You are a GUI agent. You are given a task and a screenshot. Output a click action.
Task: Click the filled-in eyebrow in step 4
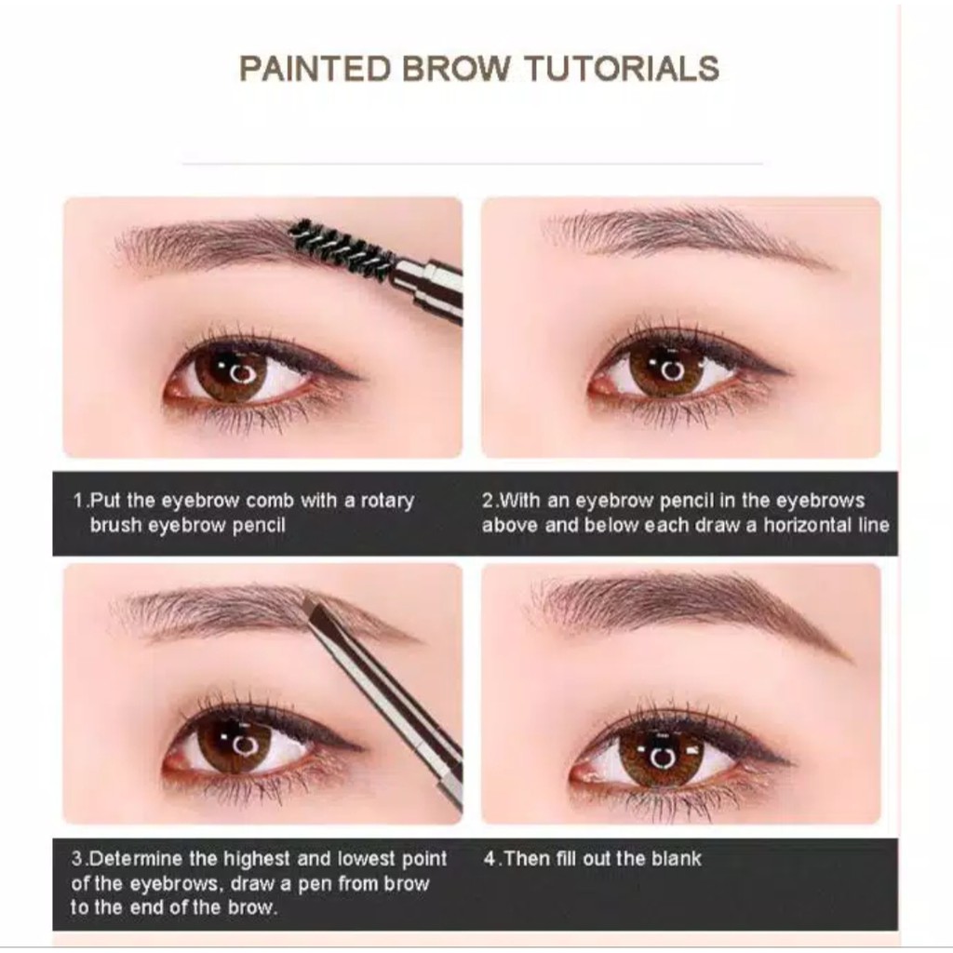coord(689,605)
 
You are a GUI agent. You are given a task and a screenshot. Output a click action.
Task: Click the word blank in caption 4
coord(676,859)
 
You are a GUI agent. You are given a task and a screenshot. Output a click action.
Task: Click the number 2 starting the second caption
coord(487,501)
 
